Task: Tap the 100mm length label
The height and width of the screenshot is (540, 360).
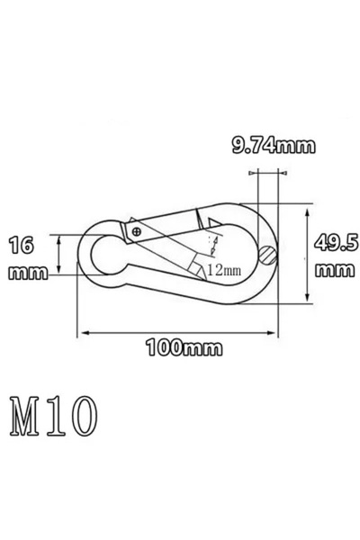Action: point(179,348)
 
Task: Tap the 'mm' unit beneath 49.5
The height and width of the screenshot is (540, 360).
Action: point(332,269)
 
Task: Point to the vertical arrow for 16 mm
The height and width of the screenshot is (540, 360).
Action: point(59,254)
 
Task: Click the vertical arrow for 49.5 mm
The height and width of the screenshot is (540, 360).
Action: point(308,256)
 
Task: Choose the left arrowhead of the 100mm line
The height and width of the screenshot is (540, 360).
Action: point(86,332)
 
